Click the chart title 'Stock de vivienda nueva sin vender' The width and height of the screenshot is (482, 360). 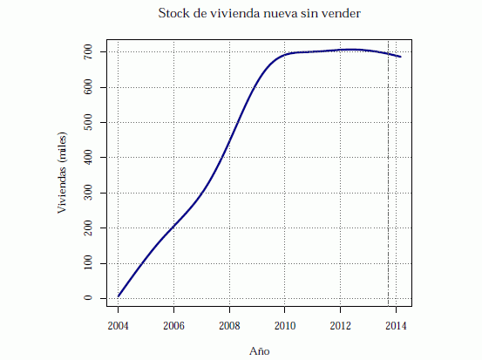pos(259,13)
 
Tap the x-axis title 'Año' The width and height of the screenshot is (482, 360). pos(260,350)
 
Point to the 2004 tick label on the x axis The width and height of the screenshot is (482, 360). pos(118,326)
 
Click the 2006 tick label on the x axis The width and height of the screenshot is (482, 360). pos(173,326)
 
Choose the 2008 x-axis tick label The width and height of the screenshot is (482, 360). pos(229,326)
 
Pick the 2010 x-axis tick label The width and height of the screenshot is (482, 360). pos(285,326)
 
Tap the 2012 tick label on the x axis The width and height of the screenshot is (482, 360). pos(341,326)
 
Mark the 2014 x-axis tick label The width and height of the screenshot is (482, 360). pos(396,326)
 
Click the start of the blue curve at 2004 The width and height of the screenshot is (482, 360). pos(119,296)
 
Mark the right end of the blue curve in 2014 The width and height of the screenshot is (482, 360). pos(400,57)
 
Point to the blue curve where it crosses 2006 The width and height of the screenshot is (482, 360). pos(173,228)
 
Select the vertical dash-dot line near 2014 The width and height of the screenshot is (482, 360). pos(388,174)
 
